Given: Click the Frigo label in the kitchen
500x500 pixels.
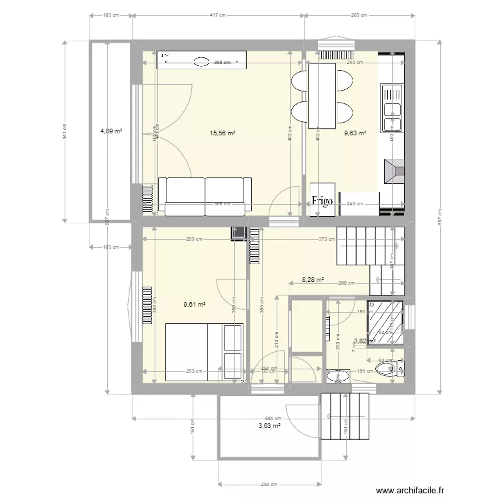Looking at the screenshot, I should pyautogui.click(x=323, y=203).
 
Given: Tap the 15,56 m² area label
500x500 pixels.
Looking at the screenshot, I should pyautogui.click(x=223, y=133).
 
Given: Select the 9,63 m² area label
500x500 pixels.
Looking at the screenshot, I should pyautogui.click(x=355, y=133).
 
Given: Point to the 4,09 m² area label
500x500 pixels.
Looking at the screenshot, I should pyautogui.click(x=111, y=131).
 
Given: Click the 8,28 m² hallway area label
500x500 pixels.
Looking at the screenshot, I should pyautogui.click(x=313, y=281).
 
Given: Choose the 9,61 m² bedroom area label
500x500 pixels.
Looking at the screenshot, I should pyautogui.click(x=194, y=305).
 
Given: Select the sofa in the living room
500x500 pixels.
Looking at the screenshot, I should pyautogui.click(x=205, y=196).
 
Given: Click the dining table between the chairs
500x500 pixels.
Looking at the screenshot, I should pyautogui.click(x=322, y=95).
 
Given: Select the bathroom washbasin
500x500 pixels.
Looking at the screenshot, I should pyautogui.click(x=338, y=375).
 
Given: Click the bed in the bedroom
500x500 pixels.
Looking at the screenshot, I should pyautogui.click(x=204, y=352).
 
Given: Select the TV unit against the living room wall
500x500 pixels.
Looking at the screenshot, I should pyautogui.click(x=202, y=61).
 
